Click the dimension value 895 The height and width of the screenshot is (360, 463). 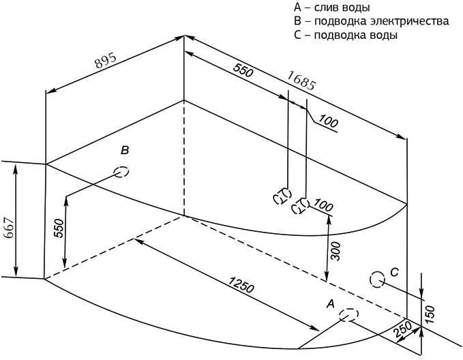[x=106, y=61]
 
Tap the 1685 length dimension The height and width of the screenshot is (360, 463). [x=301, y=80]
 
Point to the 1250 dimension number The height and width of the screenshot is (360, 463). [x=241, y=285]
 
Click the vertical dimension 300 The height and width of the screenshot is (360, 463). [x=335, y=252]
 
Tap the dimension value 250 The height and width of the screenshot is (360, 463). [x=402, y=330]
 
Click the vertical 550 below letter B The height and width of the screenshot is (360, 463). [x=59, y=228]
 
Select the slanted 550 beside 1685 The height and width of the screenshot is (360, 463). [x=243, y=70]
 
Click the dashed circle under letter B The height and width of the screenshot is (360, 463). [x=121, y=172]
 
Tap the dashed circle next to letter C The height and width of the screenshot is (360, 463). [x=377, y=280]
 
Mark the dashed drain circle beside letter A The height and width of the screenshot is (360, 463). [x=348, y=315]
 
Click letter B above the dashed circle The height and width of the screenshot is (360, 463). [x=125, y=150]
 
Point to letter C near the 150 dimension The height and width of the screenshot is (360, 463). [x=394, y=271]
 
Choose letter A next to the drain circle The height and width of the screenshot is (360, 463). [x=331, y=303]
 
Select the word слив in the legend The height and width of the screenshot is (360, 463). [x=325, y=7]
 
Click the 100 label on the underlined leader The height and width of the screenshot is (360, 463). [x=328, y=121]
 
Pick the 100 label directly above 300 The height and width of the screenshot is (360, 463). [x=323, y=205]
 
